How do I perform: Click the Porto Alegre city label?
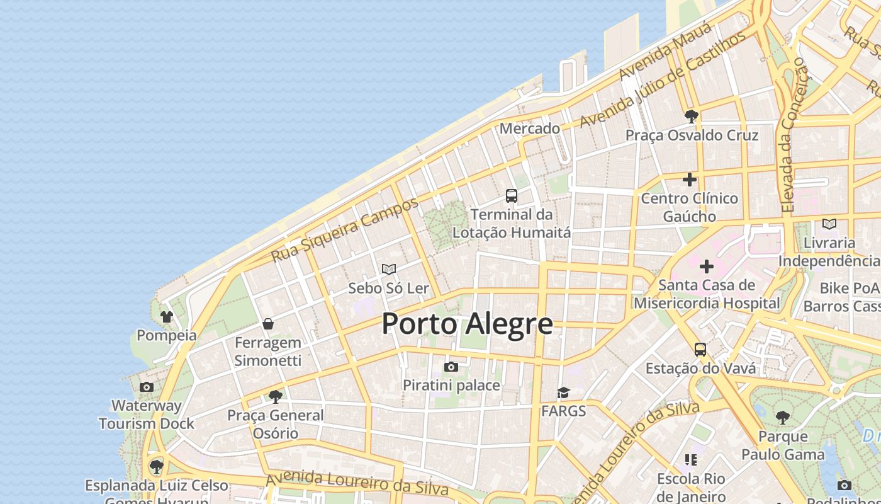pyautogui.click(x=467, y=324)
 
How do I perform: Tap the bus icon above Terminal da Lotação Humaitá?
pyautogui.click(x=512, y=196)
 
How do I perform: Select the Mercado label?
pyautogui.click(x=529, y=129)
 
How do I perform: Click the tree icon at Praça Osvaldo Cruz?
pyautogui.click(x=691, y=117)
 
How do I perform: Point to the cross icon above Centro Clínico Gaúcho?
pyautogui.click(x=690, y=180)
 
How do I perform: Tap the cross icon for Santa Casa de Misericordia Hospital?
pyautogui.click(x=707, y=266)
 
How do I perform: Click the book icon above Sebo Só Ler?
pyautogui.click(x=389, y=270)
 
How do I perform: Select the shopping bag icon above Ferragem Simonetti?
pyautogui.click(x=268, y=324)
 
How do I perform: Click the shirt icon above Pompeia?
pyautogui.click(x=167, y=316)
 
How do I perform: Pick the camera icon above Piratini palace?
pyautogui.click(x=451, y=367)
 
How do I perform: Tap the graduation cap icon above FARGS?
pyautogui.click(x=563, y=393)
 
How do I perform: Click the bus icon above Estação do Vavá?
pyautogui.click(x=700, y=350)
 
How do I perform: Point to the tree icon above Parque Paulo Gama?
pyautogui.click(x=782, y=418)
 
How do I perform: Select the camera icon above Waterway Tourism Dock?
pyautogui.click(x=147, y=387)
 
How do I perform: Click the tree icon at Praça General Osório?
pyautogui.click(x=275, y=397)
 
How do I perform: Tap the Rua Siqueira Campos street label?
pyautogui.click(x=344, y=230)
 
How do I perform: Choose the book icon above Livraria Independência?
pyautogui.click(x=829, y=224)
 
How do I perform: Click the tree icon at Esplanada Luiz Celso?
pyautogui.click(x=157, y=467)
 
